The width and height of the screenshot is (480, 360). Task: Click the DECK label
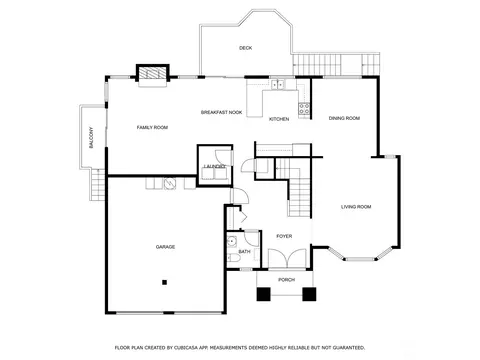[246, 48]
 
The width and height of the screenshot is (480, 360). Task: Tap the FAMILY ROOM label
[152, 127]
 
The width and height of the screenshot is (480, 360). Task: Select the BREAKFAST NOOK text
[221, 112]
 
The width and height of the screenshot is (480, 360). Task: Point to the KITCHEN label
[279, 119]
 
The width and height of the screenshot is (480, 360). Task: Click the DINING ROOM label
[344, 118]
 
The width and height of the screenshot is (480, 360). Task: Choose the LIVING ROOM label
[356, 207]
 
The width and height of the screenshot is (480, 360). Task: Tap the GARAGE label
[165, 247]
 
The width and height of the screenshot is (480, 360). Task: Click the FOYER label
[284, 236]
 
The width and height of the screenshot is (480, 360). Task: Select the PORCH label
[287, 280]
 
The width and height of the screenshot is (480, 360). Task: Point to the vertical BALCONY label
[91, 137]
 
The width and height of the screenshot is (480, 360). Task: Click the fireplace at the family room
[152, 73]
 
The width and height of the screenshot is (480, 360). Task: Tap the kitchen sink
[277, 85]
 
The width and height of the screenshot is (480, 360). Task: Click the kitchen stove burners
[304, 109]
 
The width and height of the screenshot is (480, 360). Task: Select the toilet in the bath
[233, 257]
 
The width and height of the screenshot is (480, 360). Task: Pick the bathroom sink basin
[232, 241]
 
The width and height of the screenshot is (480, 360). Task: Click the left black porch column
[263, 294]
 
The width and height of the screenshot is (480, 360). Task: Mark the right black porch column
[309, 294]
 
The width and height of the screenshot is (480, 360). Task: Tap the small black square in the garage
[164, 282]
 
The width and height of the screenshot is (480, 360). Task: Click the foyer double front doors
[287, 258]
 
